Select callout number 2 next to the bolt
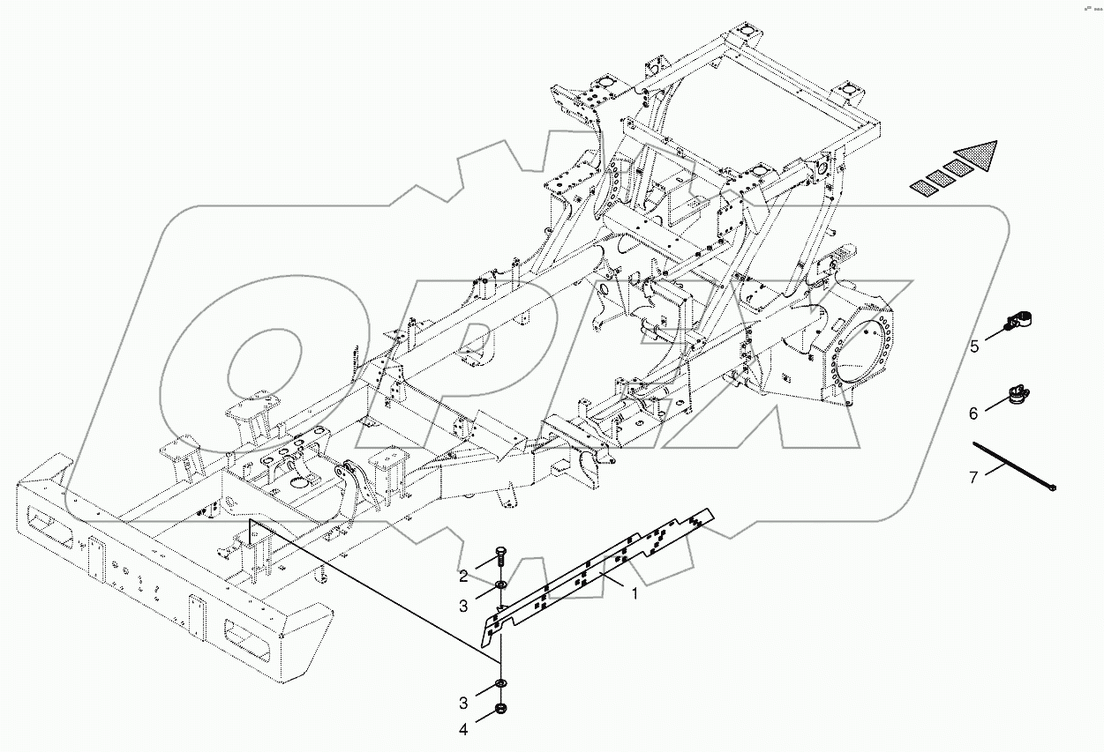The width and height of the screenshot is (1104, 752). click(462, 577)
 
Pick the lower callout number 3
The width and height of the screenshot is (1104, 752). click(462, 703)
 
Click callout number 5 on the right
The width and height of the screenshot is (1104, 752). click(974, 346)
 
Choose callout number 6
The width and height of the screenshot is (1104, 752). click(973, 413)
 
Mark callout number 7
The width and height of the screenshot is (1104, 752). click(973, 477)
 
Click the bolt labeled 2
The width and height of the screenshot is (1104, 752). click(499, 556)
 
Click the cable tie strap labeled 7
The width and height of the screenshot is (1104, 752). click(1015, 465)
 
